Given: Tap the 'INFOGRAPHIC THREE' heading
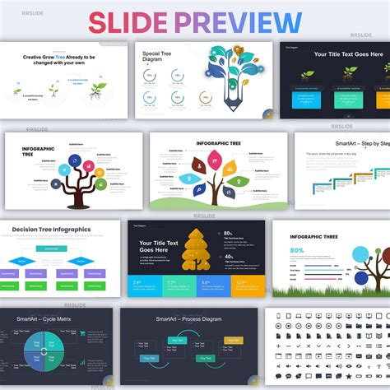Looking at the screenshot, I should pos(313,237).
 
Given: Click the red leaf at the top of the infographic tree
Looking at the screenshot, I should pos(215,157).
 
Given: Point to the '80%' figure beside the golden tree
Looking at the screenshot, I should pos(227,234).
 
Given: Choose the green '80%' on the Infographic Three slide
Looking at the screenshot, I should pos(297,250).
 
